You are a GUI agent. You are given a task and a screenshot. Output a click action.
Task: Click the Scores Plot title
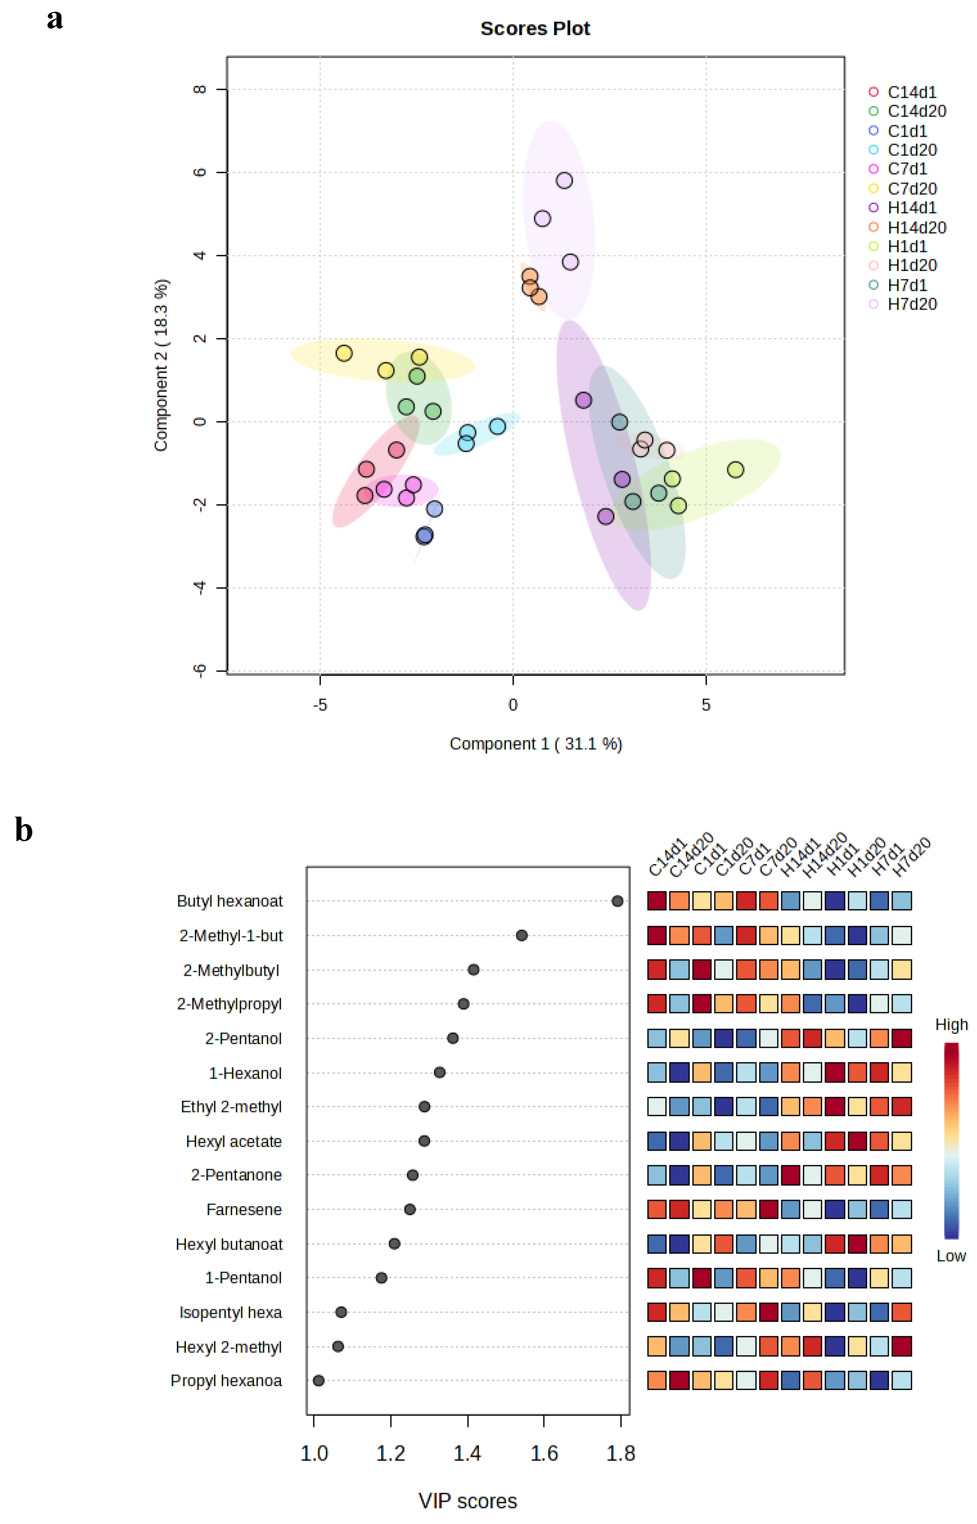535,29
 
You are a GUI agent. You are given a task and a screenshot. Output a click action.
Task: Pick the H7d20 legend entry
912,304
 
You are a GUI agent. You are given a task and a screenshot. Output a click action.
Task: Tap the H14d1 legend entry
912,208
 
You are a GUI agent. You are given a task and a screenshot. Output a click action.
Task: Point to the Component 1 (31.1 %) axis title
535,744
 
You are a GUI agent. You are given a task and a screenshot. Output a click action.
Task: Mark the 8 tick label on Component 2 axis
199,89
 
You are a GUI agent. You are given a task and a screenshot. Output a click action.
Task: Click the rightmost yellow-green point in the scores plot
735,470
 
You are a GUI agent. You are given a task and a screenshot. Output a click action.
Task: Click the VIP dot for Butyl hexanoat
617,901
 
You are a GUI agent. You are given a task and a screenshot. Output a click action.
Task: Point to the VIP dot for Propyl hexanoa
318,1381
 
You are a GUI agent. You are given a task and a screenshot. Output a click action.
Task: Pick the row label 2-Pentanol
243,1039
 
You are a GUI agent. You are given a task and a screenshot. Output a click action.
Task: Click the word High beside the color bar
951,1025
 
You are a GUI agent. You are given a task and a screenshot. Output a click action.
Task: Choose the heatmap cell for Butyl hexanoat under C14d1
657,901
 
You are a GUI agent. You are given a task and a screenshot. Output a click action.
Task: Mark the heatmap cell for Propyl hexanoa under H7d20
902,1381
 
